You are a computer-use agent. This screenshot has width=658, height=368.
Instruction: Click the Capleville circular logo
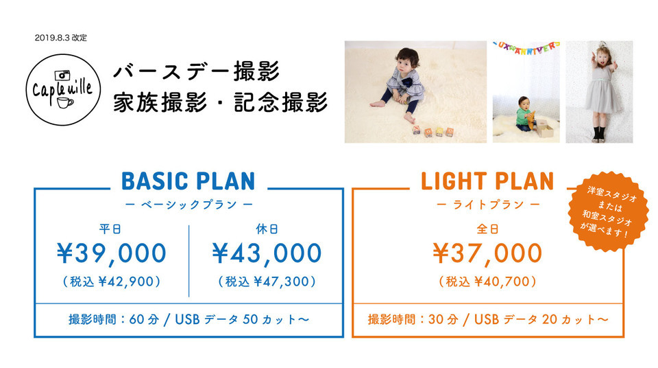pos(63,89)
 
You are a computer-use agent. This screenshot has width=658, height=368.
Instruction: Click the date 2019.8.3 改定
pos(61,38)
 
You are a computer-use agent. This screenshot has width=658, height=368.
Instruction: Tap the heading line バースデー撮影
pos(197,71)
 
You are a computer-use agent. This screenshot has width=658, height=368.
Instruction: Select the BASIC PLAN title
pos(188,181)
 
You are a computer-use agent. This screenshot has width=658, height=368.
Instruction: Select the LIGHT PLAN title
pos(487,181)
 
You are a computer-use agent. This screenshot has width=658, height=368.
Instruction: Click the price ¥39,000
pos(112,253)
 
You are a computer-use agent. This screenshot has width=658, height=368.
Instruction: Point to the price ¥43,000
pos(267,253)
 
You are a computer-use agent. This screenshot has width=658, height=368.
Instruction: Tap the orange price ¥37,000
pos(487,253)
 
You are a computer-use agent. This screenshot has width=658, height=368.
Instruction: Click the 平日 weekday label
pos(110,229)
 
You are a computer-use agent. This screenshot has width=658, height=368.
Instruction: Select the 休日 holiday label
pos(267,229)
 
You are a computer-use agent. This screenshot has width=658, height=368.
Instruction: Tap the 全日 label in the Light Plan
pos(487,229)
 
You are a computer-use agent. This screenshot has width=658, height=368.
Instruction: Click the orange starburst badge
pos(608,211)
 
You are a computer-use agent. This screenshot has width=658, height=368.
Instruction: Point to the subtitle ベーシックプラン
pos(189,205)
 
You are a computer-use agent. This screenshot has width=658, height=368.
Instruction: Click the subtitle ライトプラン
pos(488,205)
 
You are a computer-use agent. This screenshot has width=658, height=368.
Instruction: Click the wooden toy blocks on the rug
pos(433,131)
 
